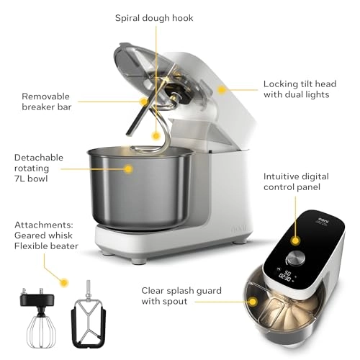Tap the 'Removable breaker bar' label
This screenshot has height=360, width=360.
click(x=46, y=101)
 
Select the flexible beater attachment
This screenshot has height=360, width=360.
click(x=89, y=320)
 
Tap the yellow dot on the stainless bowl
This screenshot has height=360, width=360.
click(x=129, y=169)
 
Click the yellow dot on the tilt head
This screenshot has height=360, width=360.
click(x=222, y=90)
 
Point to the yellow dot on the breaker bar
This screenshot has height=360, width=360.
click(x=144, y=102)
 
